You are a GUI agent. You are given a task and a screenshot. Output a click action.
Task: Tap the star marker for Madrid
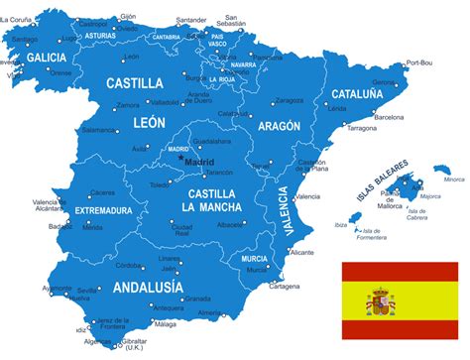pos(180,159)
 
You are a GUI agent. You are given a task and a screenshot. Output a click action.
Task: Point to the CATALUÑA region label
pos(357,94)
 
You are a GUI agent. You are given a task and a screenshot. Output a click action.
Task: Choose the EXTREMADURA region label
pos(102,210)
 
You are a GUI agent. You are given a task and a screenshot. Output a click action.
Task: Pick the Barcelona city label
pos(389,117)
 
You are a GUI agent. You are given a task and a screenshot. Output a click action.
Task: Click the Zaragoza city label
pos(289,100)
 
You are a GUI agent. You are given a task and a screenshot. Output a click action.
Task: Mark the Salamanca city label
pos(99,129)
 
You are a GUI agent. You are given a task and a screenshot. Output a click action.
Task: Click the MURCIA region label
pos(253,258)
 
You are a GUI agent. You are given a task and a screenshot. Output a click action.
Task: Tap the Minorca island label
pos(453,180)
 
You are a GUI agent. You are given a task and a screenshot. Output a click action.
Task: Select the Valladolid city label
pos(165,102)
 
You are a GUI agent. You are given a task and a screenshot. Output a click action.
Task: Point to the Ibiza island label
pos(341,225)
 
